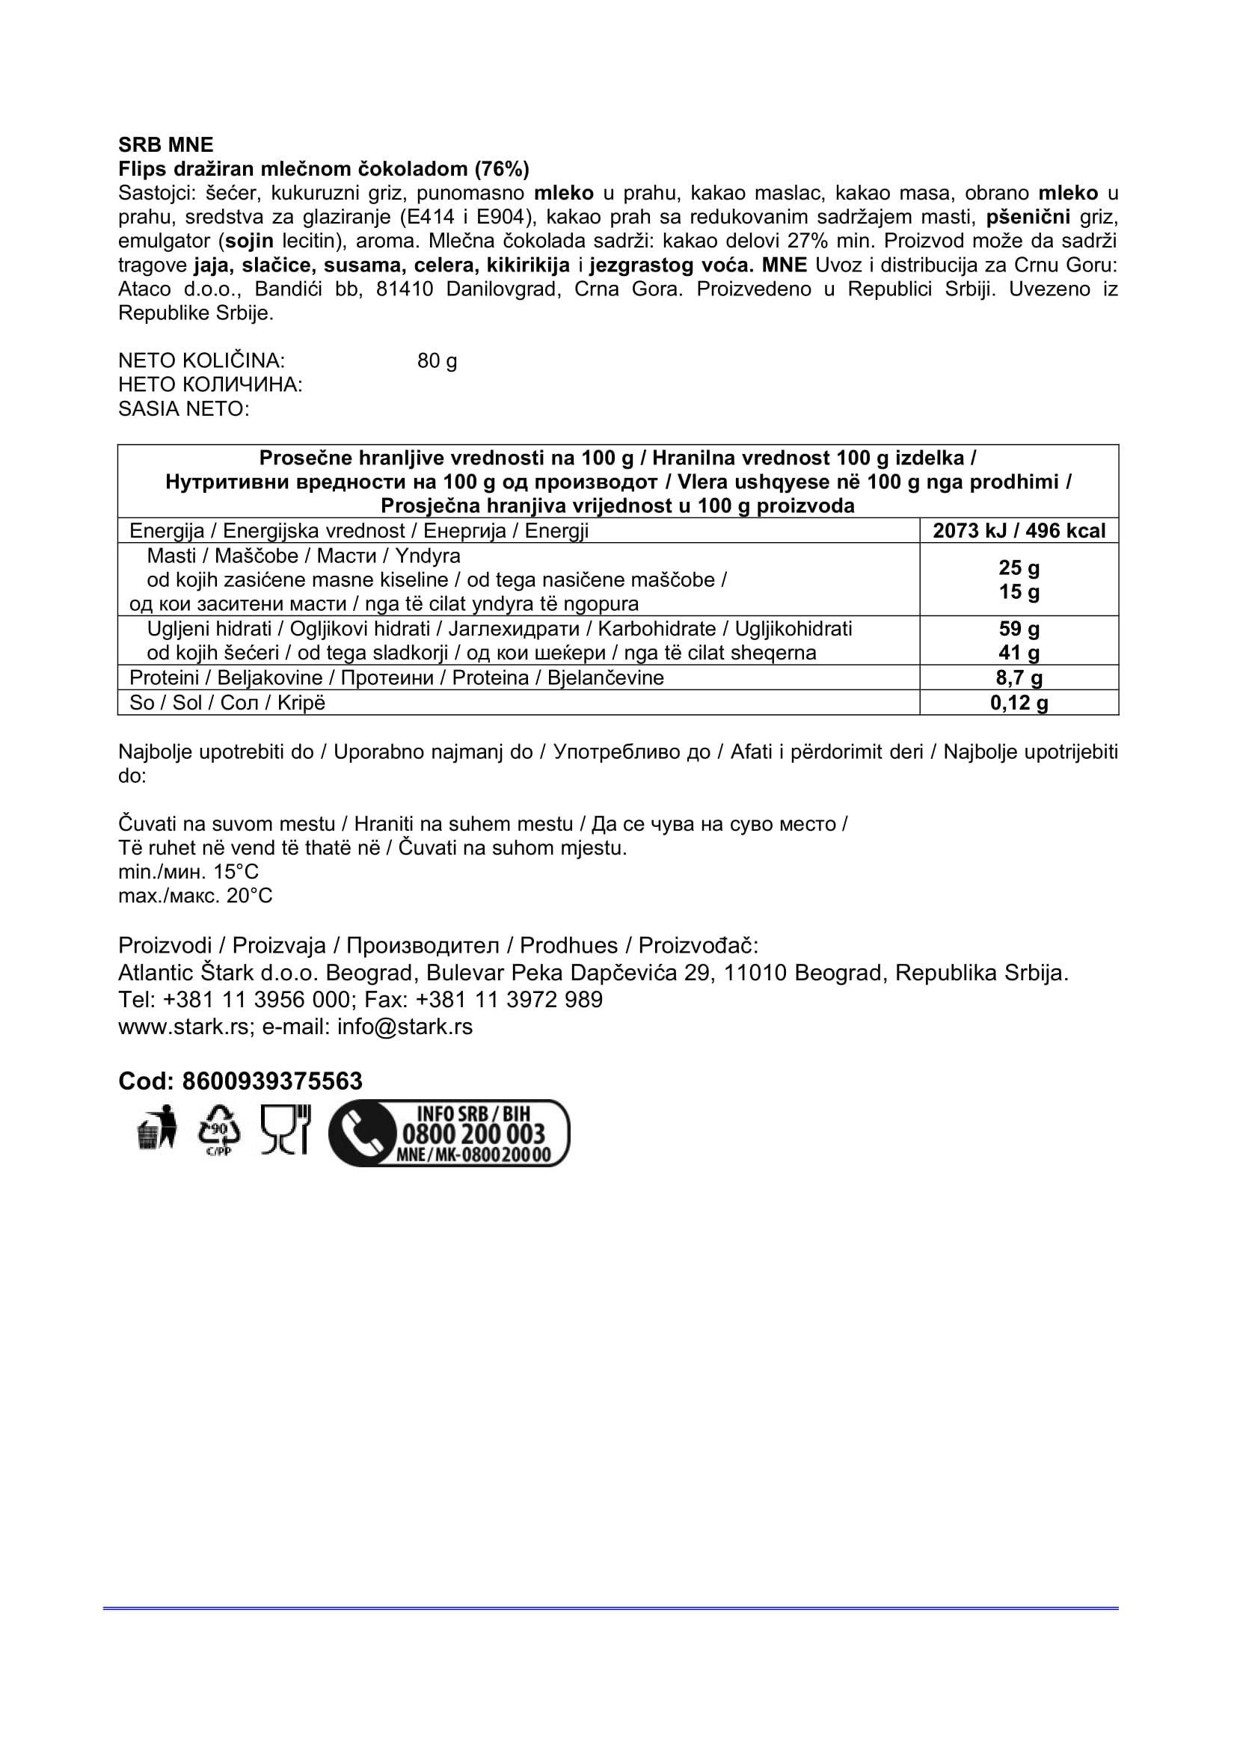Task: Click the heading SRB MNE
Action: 166,145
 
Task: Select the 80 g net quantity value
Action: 438,360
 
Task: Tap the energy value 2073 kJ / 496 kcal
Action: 1019,531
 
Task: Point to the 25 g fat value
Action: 1019,568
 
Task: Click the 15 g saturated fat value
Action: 1019,592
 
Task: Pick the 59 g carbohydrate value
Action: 1019,628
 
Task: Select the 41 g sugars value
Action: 1019,653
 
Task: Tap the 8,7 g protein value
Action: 1019,678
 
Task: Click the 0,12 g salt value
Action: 1019,702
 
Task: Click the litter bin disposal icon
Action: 157,1130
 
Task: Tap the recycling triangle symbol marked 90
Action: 218,1130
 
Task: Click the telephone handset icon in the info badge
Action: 361,1134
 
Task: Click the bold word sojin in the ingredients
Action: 250,242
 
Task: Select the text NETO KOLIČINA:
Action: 202,360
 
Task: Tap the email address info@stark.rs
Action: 405,1027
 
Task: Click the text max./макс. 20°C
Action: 195,896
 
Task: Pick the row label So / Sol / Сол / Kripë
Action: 227,702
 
